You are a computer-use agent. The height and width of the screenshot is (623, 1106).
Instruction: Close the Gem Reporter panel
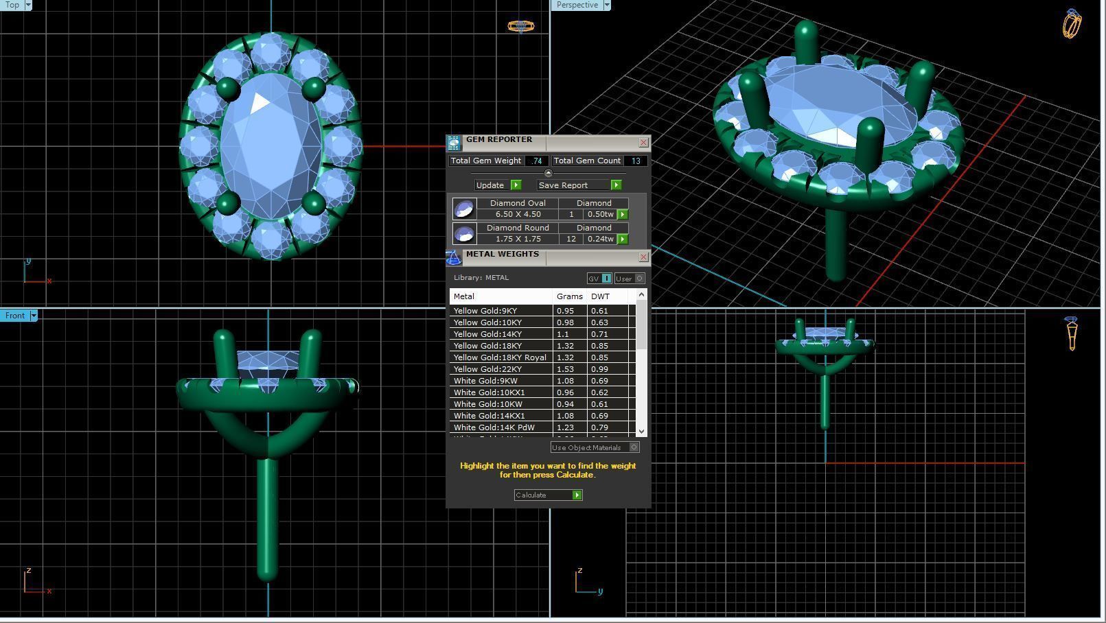click(x=643, y=143)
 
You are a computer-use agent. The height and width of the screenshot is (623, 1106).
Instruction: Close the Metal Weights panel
click(x=643, y=257)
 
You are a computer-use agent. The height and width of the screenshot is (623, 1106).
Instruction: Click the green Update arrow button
click(x=516, y=185)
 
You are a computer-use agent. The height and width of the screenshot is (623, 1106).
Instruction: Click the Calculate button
click(x=548, y=495)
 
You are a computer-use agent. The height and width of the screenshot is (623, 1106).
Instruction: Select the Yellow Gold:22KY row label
click(x=487, y=369)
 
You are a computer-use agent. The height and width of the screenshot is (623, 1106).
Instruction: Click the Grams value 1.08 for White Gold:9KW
click(x=565, y=381)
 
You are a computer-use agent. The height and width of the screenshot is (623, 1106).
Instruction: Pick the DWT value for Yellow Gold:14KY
click(x=599, y=334)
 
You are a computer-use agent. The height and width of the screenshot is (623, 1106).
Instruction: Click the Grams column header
click(x=569, y=296)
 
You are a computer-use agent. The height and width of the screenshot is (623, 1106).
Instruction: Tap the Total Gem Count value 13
click(x=636, y=161)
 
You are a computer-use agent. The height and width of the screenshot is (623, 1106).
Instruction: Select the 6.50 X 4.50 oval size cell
click(x=518, y=214)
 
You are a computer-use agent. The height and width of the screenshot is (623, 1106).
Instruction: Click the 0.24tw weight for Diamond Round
click(x=600, y=239)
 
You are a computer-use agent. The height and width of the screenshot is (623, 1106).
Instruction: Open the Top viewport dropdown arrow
click(x=28, y=5)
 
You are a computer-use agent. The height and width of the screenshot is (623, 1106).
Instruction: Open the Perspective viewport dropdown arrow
click(x=606, y=5)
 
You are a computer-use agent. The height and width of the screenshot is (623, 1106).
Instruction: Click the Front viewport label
click(x=14, y=316)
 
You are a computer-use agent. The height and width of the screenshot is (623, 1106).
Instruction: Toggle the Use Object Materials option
click(x=634, y=447)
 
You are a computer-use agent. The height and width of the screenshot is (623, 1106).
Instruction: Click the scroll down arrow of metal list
click(x=641, y=431)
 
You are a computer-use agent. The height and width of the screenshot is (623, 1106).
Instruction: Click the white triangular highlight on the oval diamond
click(x=260, y=103)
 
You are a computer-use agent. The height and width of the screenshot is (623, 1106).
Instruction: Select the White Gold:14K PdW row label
click(x=494, y=427)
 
